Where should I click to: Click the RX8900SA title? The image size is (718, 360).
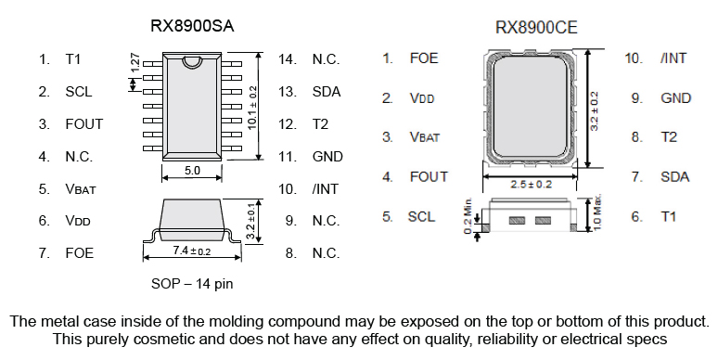pyautogui.click(x=191, y=27)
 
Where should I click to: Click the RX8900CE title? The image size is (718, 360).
pyautogui.click(x=536, y=28)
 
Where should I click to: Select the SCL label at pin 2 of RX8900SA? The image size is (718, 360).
pyautogui.click(x=78, y=92)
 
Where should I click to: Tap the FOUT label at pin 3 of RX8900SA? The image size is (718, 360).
pyautogui.click(x=83, y=124)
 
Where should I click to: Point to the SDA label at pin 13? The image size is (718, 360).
pyautogui.click(x=327, y=92)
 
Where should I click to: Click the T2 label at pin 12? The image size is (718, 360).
pyautogui.click(x=321, y=124)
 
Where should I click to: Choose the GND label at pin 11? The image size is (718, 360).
pyautogui.click(x=327, y=157)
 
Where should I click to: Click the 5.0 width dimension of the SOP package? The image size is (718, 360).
pyautogui.click(x=192, y=171)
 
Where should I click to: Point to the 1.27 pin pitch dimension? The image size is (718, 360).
pyautogui.click(x=135, y=64)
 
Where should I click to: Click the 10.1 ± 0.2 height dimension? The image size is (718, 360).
pyautogui.click(x=252, y=105)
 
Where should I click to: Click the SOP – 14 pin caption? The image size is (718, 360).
pyautogui.click(x=192, y=283)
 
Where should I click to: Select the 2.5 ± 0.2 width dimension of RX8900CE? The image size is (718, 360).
pyautogui.click(x=534, y=185)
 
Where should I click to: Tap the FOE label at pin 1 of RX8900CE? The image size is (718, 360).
pyautogui.click(x=424, y=58)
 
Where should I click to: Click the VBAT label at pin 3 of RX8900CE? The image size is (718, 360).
pyautogui.click(x=425, y=137)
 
